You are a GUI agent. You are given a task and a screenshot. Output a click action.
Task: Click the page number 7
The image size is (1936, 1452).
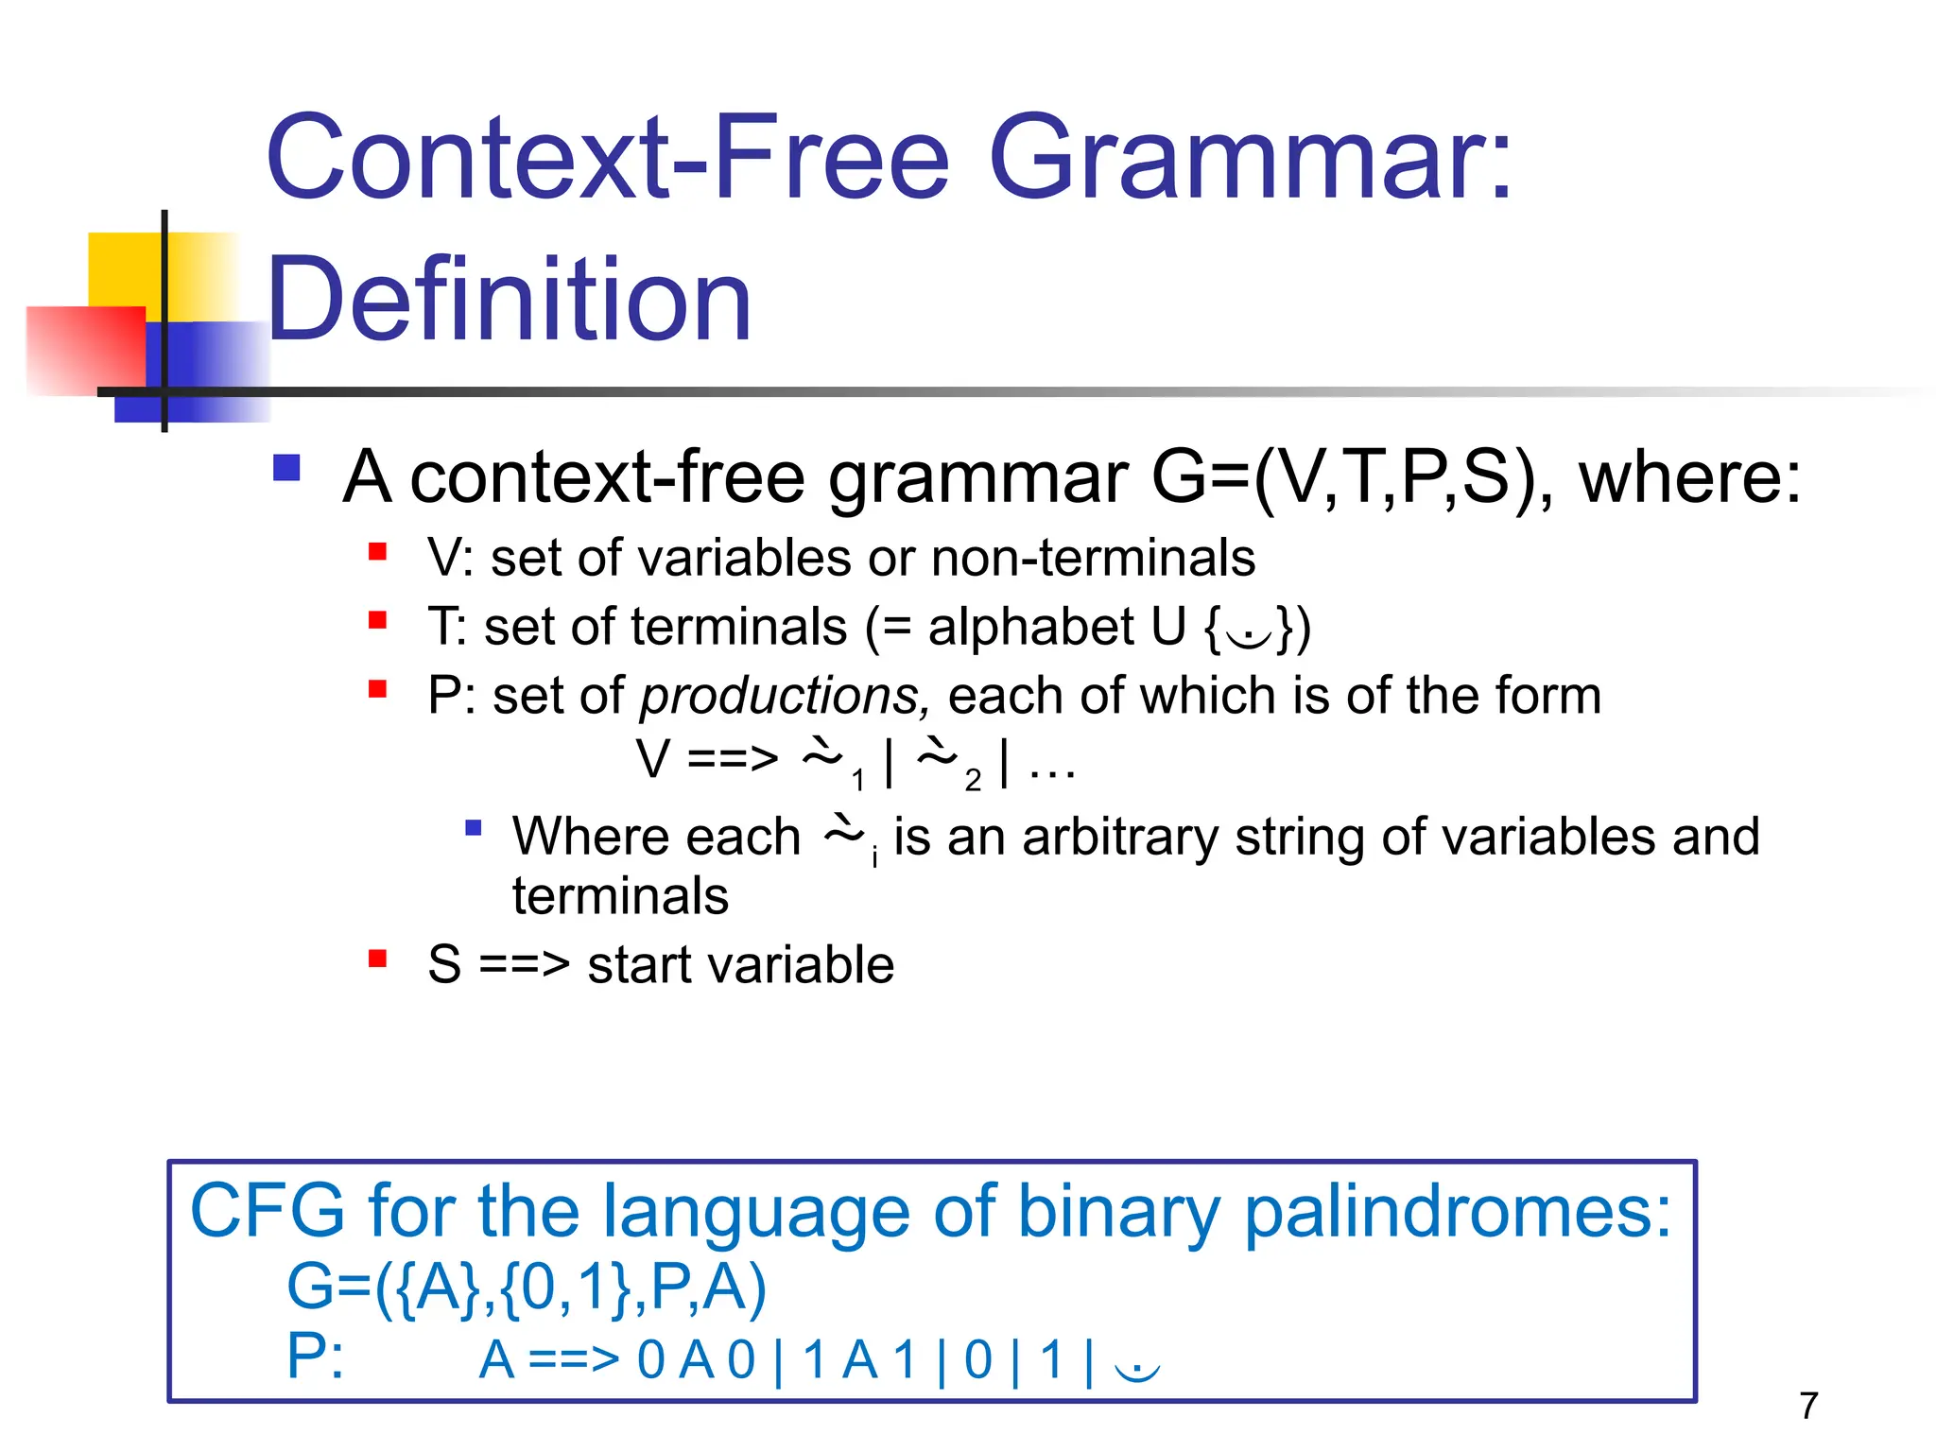(x=1808, y=1406)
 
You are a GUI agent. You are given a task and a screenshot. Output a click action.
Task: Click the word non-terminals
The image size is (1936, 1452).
(x=1093, y=558)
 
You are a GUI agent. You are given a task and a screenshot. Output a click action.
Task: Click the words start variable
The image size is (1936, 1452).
(x=740, y=965)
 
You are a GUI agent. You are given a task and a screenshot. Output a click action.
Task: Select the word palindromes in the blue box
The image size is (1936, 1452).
(x=1457, y=1213)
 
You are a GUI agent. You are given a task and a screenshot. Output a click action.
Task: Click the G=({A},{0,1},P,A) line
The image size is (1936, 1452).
(x=526, y=1288)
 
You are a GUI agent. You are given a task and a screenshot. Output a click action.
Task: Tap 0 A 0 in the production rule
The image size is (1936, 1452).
(x=696, y=1360)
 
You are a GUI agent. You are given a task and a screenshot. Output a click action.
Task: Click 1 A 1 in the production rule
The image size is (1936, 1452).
(x=859, y=1360)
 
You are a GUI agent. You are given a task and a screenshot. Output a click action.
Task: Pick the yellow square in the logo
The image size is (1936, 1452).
(x=123, y=269)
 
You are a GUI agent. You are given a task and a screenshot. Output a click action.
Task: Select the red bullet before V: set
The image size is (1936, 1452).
(x=378, y=552)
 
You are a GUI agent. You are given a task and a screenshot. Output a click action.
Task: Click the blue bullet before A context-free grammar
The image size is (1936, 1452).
(x=286, y=469)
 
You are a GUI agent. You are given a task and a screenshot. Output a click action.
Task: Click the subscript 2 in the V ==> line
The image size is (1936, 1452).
(x=973, y=781)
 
